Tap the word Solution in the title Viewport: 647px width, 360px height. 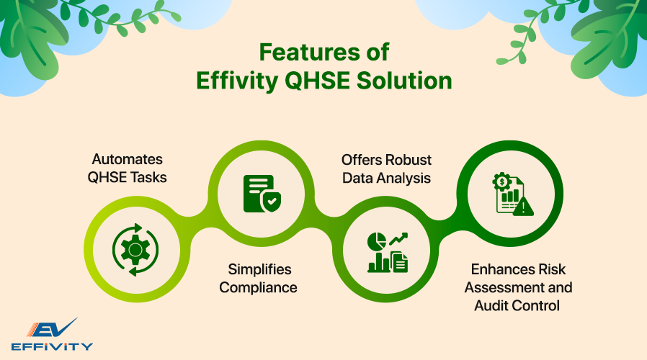coord(406,81)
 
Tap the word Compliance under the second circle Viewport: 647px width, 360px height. coord(258,287)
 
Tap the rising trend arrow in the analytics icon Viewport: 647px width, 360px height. coord(398,238)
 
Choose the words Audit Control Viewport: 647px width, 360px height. coord(518,305)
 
